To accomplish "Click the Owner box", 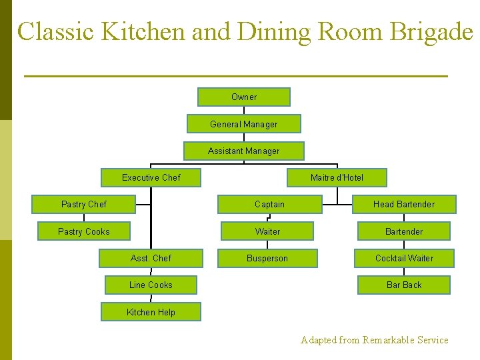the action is coord(244,97).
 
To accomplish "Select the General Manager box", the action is coord(244,124).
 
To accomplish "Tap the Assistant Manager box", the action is coord(244,151).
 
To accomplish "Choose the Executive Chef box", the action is coord(151,178).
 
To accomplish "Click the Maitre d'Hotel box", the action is coord(337,178).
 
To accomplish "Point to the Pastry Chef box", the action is coord(84,205).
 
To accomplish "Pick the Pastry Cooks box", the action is coord(84,231).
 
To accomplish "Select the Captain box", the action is coord(269,205).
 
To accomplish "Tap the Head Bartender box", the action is coord(404,205).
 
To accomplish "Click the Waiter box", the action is coord(267,231).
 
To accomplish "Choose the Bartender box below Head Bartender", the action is coord(404,231).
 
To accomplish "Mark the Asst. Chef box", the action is coord(151,258).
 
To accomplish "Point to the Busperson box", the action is coord(267,258).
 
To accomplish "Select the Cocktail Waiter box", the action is coord(404,258).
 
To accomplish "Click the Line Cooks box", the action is coord(151,285).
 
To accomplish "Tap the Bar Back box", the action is coord(404,285).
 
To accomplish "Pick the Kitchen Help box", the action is coord(151,312).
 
